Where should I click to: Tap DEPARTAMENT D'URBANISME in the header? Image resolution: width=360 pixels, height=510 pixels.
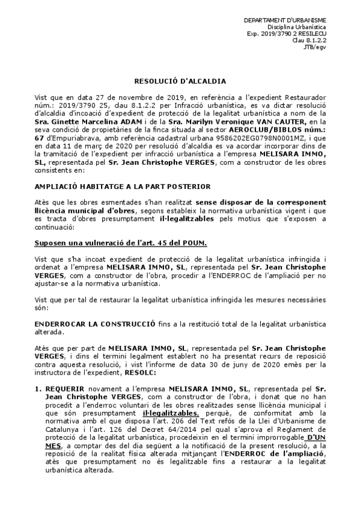[x=293, y=21]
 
